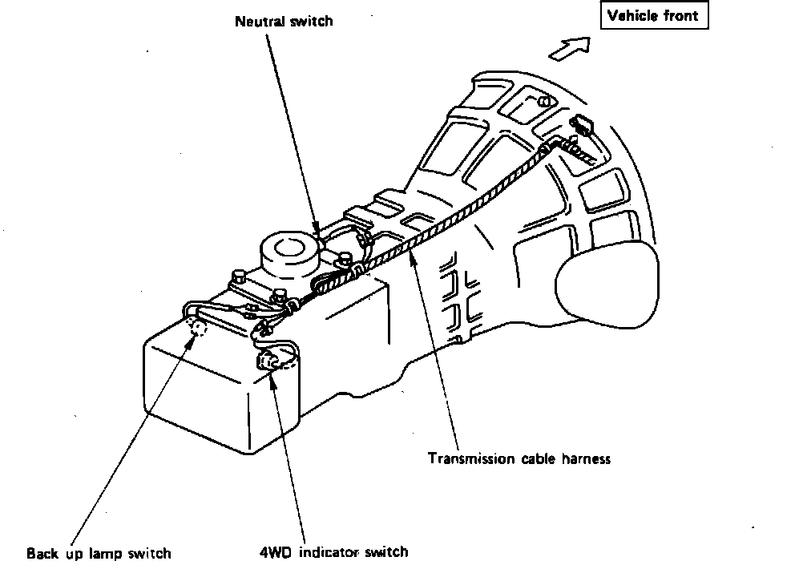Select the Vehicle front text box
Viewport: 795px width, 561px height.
tap(654, 16)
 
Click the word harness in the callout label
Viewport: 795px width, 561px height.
tap(586, 459)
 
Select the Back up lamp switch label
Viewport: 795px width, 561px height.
tap(99, 553)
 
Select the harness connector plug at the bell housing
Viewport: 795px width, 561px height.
tap(580, 124)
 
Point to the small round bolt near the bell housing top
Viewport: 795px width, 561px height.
tap(544, 102)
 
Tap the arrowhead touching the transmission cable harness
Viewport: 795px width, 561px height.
tap(411, 255)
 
